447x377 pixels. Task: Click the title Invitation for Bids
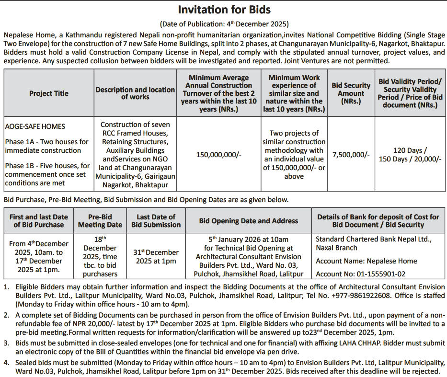224,10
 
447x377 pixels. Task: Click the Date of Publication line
224,24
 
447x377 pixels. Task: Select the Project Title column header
48,93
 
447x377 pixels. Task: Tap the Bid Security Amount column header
351,93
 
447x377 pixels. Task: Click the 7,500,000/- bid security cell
351,155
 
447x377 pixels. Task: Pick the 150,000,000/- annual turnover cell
219,155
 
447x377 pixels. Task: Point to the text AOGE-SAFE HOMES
35,126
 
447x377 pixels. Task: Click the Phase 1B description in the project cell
47,174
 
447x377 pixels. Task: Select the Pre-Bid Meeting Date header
101,221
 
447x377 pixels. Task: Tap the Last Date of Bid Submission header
156,221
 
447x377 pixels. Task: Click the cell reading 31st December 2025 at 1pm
156,256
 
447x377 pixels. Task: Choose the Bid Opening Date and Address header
248,221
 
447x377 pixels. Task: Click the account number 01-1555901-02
360,274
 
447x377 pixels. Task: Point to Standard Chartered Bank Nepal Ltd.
374,239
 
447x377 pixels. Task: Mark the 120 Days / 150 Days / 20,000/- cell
410,155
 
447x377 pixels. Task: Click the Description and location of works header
135,93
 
